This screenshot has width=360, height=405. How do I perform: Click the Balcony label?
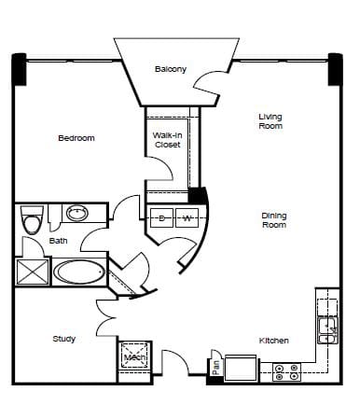click(171, 69)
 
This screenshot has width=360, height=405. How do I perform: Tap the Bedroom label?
click(76, 138)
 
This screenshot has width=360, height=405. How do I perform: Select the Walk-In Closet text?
click(167, 140)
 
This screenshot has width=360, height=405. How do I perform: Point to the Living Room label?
click(270, 121)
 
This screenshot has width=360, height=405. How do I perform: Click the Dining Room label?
click(274, 220)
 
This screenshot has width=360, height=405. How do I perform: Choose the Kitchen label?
click(273, 341)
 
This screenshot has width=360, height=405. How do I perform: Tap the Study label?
click(64, 339)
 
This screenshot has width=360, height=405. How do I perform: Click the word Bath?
click(58, 241)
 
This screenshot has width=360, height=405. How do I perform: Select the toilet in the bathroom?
click(32, 219)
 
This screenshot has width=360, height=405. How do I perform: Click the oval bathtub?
click(78, 272)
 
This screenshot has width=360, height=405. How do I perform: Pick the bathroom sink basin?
click(77, 214)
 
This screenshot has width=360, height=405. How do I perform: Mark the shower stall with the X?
click(33, 272)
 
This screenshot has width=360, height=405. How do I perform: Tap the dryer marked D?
click(161, 217)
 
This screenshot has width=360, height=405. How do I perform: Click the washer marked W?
click(187, 217)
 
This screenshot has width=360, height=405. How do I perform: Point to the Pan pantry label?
click(216, 368)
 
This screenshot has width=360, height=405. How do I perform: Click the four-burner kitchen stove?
click(287, 372)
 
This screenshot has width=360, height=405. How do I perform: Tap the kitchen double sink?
click(327, 330)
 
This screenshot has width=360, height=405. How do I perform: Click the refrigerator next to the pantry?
click(241, 368)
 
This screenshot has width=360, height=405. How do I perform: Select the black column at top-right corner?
click(336, 69)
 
